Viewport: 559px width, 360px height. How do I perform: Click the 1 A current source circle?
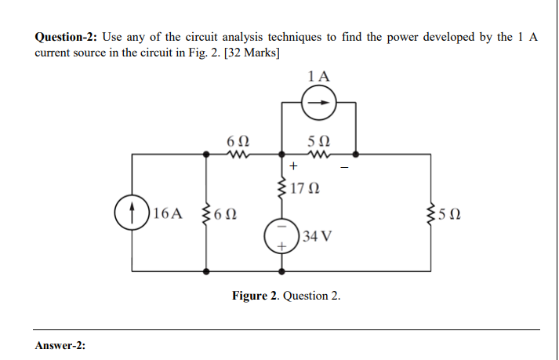[319, 102]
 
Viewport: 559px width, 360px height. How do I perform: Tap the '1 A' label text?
[319, 76]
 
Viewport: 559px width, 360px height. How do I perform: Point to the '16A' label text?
[168, 213]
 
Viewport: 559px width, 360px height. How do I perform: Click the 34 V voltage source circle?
[281, 234]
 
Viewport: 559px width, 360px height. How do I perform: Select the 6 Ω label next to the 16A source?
[228, 213]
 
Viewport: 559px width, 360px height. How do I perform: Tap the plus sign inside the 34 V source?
[281, 246]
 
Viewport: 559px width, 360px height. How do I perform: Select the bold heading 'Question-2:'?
[67, 38]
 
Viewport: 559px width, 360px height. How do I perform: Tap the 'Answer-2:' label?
[60, 346]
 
